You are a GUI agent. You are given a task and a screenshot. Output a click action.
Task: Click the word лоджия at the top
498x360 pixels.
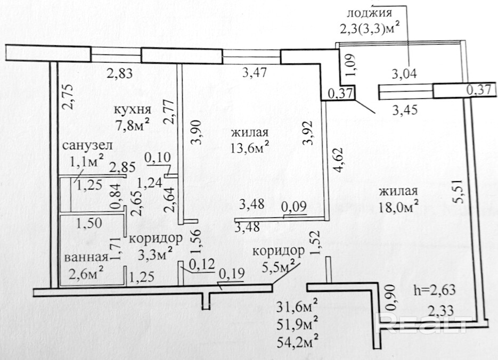coord(369,13)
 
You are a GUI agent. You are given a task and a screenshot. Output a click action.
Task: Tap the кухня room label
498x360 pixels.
coord(133,110)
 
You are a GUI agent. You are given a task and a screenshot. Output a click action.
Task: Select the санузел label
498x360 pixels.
coord(87,146)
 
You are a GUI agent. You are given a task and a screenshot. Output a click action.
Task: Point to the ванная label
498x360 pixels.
coord(87,257)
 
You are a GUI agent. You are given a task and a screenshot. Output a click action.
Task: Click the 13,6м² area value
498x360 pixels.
coord(250,148)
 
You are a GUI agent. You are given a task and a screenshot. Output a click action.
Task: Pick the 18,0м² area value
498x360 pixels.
coord(398,207)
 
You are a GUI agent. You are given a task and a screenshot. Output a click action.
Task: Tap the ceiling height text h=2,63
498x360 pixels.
coord(435,290)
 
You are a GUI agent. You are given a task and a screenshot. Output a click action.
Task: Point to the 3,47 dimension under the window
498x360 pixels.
coord(254,73)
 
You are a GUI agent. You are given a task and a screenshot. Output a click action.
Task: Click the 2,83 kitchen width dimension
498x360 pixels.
coord(119,73)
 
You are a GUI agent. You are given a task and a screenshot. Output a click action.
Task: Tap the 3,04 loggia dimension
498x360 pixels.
coord(404,73)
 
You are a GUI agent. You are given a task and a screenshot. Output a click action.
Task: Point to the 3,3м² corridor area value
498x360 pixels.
coord(156,253)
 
